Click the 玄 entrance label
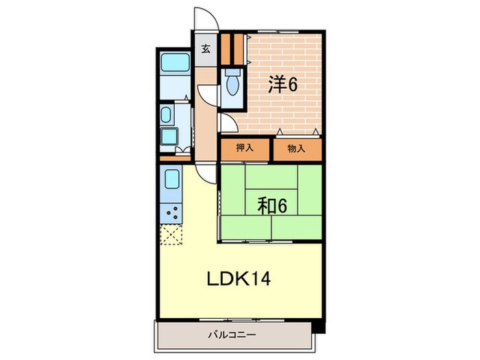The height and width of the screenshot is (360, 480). click(x=206, y=49)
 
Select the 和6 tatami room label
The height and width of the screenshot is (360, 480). click(x=272, y=206)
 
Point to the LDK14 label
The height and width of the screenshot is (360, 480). click(x=239, y=279)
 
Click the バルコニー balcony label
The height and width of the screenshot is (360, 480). click(x=232, y=335)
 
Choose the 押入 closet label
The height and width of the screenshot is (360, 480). click(x=245, y=148)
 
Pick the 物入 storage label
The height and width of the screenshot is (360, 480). click(x=296, y=149)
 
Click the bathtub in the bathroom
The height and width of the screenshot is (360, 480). click(x=176, y=62)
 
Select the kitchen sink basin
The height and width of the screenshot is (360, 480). click(x=171, y=180)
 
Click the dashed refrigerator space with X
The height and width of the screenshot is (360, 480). click(x=171, y=235)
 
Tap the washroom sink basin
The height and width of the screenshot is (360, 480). click(x=166, y=115)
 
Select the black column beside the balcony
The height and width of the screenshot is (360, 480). click(x=319, y=327)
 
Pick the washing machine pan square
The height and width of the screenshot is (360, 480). click(x=169, y=137)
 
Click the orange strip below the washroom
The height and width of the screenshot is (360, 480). click(x=176, y=158)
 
